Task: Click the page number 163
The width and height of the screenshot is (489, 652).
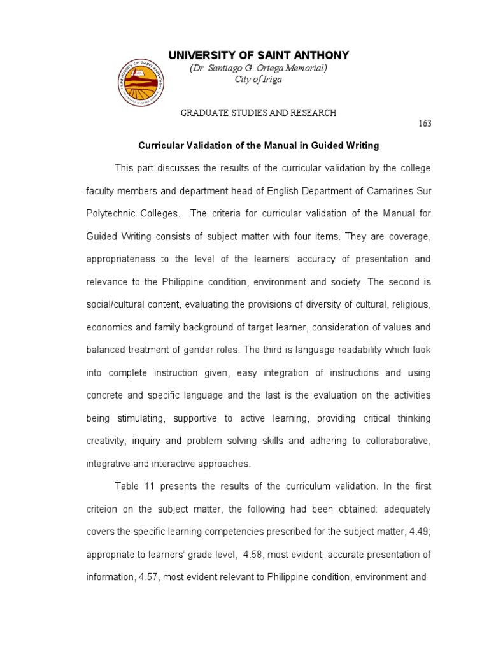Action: click(x=425, y=124)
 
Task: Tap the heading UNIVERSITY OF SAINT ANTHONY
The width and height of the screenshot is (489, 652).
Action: click(x=259, y=56)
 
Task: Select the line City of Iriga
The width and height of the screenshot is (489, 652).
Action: click(x=259, y=80)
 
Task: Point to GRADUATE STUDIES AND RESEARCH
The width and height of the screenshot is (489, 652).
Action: click(x=259, y=113)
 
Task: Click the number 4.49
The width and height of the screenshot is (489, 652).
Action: click(x=420, y=532)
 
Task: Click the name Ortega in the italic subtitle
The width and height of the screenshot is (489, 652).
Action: click(x=274, y=68)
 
